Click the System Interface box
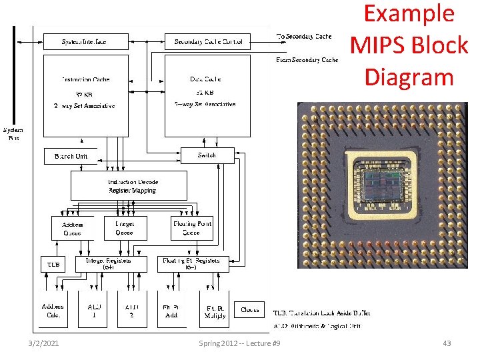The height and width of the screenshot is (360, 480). coord(84,42)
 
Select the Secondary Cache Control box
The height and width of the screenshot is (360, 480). coord(208,42)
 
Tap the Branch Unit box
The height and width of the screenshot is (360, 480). coord(70,157)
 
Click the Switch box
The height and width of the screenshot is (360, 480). coord(207,155)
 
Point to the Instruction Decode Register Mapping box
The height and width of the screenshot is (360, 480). coord(129,186)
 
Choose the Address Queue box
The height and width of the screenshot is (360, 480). coord(72,228)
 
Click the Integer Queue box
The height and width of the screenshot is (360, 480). coord(124,228)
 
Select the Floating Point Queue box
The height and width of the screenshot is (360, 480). coord(191,228)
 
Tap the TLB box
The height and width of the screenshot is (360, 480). coord(53,264)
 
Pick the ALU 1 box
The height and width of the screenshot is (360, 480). coord(93,310)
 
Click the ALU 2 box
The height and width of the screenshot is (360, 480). coord(131,310)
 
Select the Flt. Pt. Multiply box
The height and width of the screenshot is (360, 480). coord(214,310)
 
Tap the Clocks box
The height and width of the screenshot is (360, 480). coord(250,309)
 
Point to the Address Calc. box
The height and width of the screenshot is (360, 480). coord(53,310)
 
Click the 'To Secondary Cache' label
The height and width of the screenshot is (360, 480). coord(303,36)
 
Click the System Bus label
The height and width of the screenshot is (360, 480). coord(13,134)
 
